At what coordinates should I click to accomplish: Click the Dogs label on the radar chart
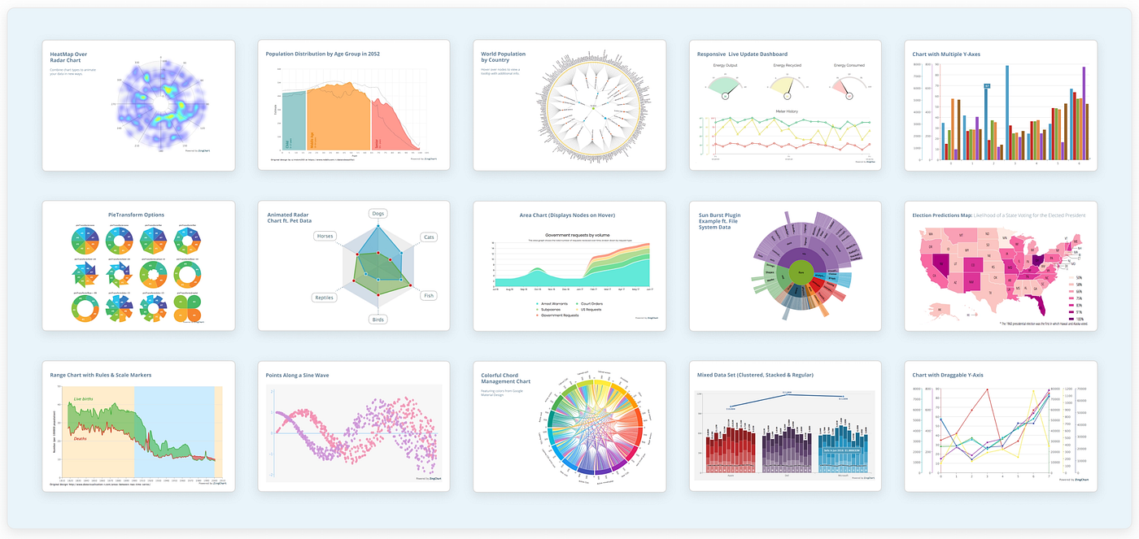coord(377,214)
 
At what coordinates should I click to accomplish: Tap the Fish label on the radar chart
coord(429,295)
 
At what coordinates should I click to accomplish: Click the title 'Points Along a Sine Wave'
coord(297,376)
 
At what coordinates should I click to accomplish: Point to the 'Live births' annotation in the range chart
coord(83,399)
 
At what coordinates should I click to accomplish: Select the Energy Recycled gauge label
coord(786,65)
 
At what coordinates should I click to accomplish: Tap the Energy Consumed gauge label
coord(849,65)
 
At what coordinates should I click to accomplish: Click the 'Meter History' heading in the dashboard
coord(786,111)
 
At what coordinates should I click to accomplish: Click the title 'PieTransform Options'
coord(137,215)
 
